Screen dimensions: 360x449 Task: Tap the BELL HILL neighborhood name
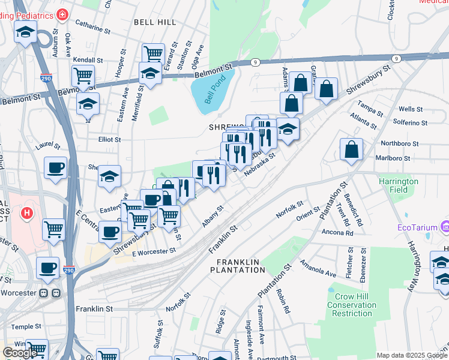[155, 22]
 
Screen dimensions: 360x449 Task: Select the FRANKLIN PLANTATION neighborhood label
[238, 266]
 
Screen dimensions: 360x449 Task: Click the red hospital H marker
[26, 212]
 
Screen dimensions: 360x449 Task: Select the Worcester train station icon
[50, 293]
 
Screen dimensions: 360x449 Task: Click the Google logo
[20, 353]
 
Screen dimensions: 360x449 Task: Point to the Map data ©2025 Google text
[411, 355]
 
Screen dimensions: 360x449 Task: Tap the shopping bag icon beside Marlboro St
[351, 149]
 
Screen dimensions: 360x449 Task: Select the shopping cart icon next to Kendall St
[82, 76]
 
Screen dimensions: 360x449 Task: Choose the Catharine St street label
[92, 28]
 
